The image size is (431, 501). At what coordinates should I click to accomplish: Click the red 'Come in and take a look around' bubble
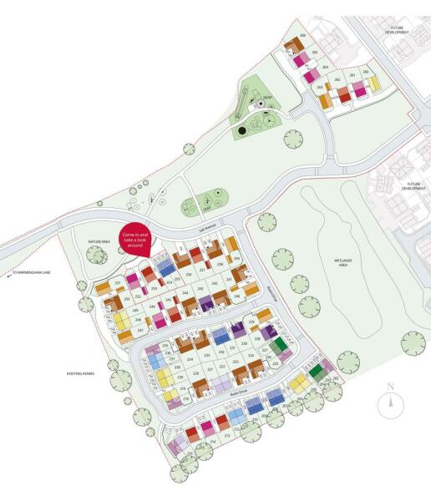click(134, 240)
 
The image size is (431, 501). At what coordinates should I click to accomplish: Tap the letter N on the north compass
click(390, 387)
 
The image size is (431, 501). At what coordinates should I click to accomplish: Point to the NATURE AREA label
click(100, 241)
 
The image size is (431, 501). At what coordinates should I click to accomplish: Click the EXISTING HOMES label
click(79, 373)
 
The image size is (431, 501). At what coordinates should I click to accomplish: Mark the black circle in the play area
click(241, 131)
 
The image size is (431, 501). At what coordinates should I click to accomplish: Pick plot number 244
click(185, 293)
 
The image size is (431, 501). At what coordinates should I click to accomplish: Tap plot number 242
click(215, 284)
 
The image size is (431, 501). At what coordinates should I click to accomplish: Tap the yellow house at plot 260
click(373, 83)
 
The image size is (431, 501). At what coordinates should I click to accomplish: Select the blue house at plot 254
click(165, 269)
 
